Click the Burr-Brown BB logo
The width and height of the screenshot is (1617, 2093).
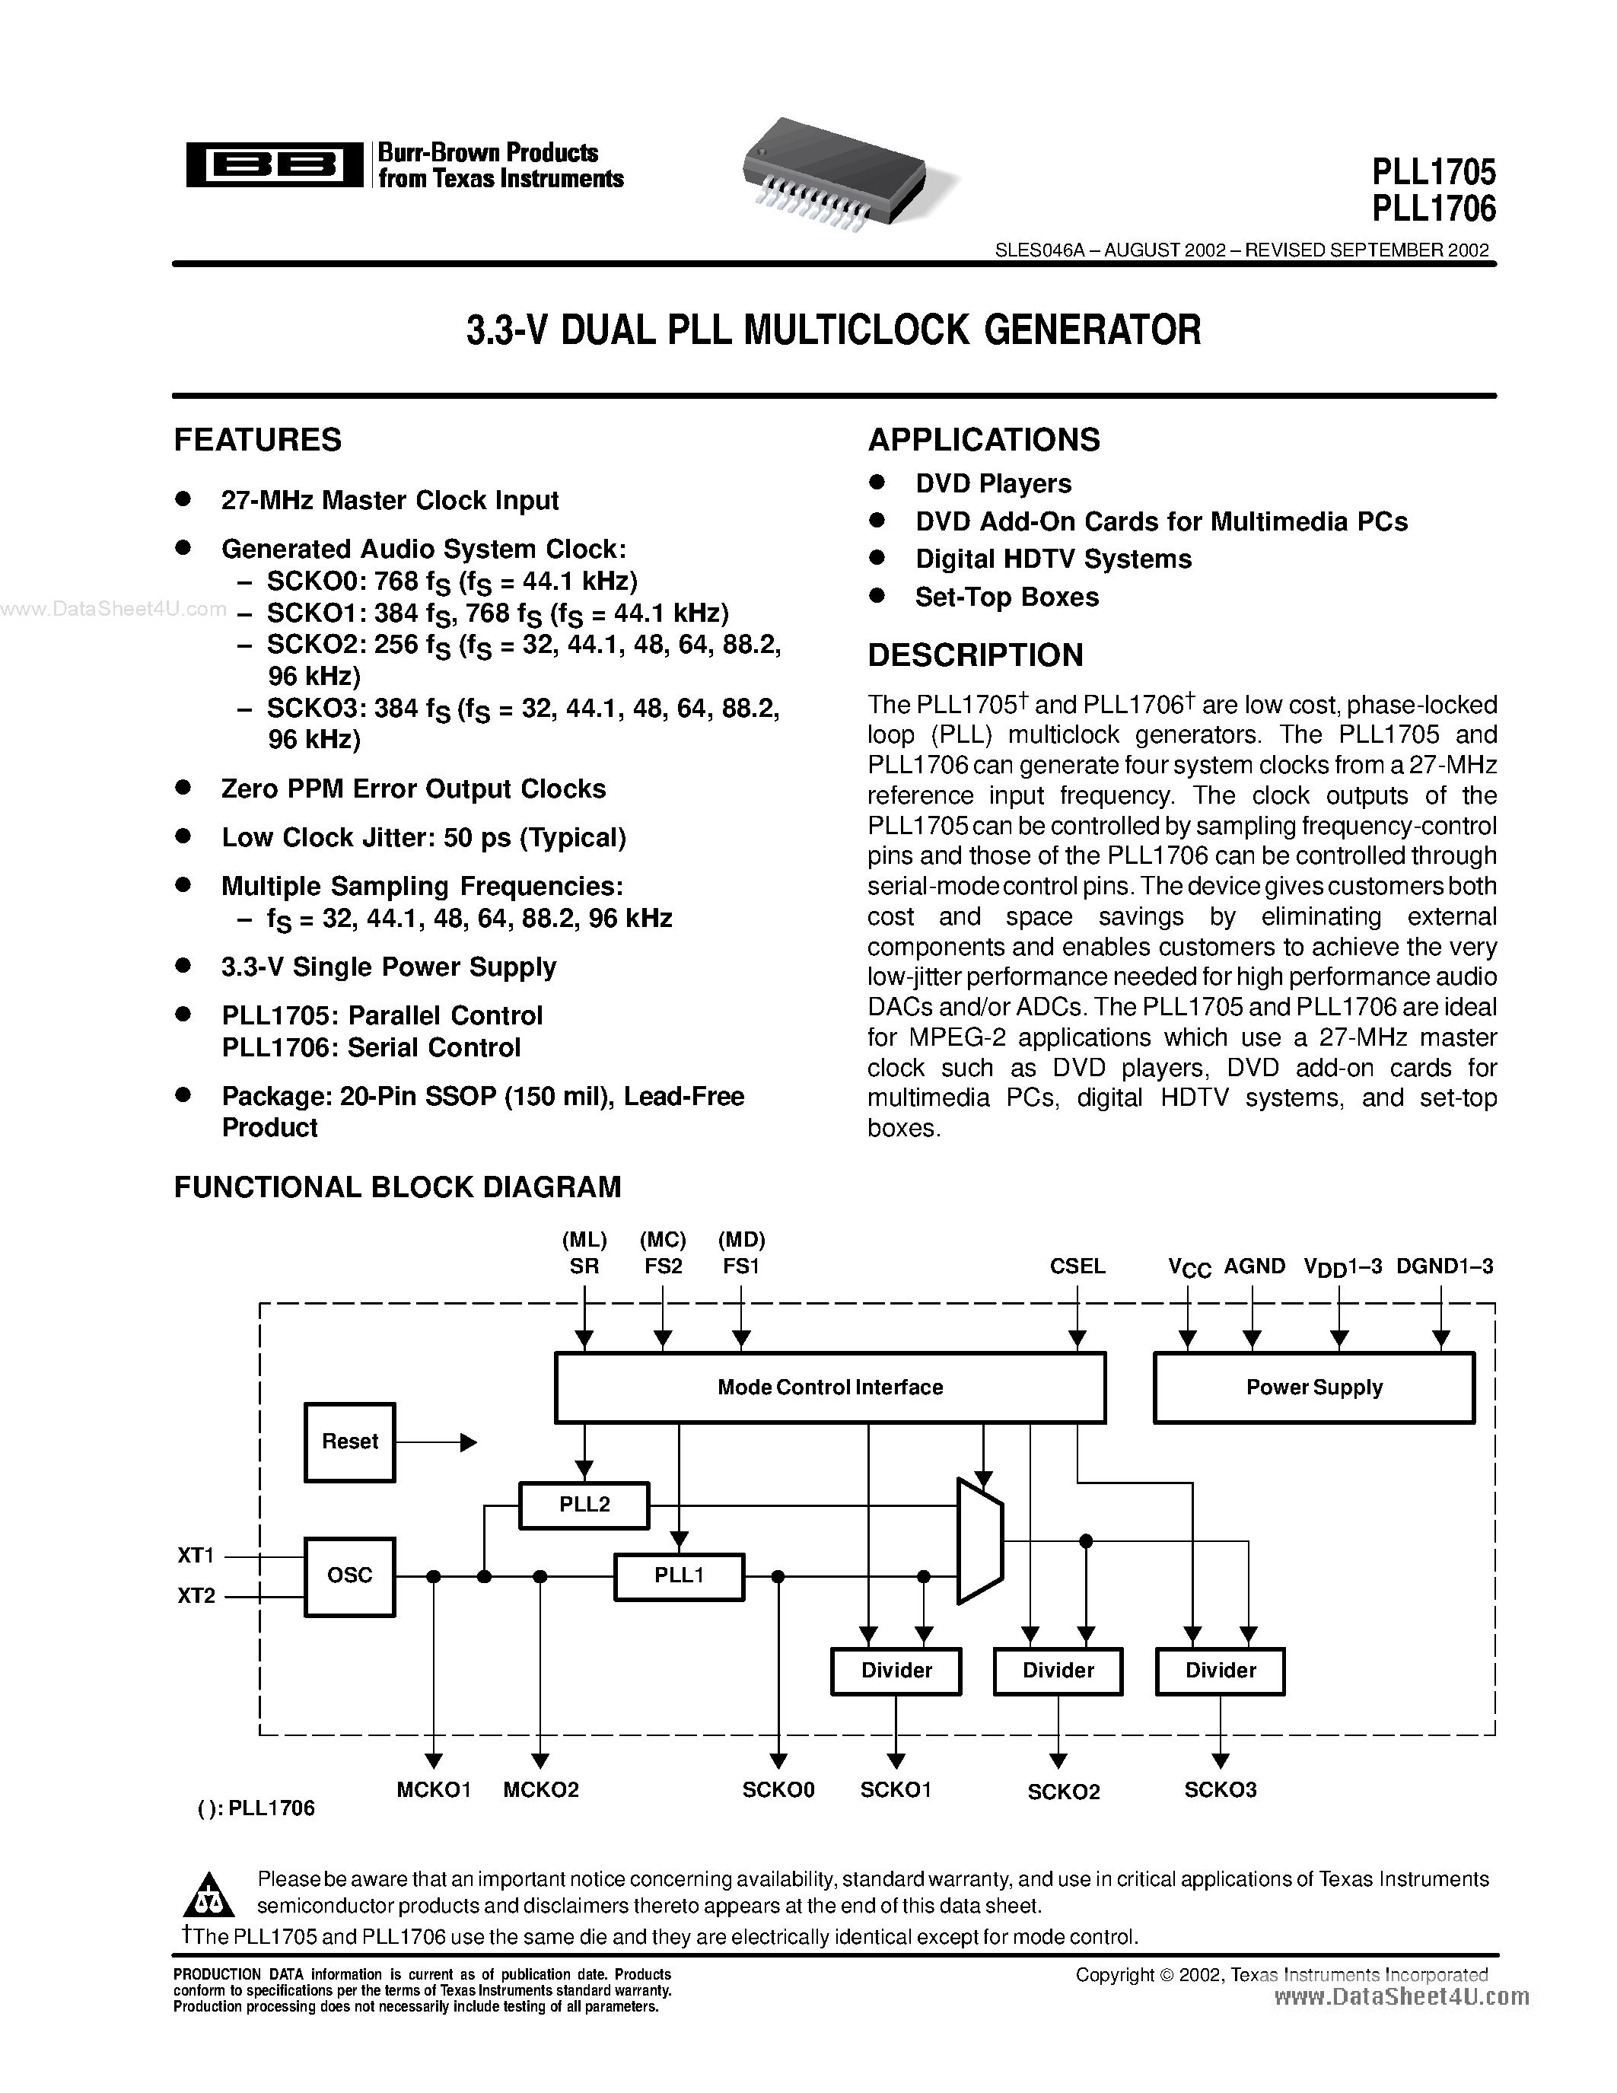coord(274,165)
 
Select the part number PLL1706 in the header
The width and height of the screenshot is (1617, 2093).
coord(1433,207)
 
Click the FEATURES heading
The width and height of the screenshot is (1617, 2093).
coord(258,440)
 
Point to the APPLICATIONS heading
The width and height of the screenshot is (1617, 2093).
coord(984,440)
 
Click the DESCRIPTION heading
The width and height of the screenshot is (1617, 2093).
coord(976,655)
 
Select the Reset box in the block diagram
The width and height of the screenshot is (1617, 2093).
coord(349,1442)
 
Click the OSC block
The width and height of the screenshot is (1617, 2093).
coord(349,1575)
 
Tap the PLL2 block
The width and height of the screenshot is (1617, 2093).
coord(584,1505)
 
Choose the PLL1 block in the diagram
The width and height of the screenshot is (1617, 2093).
coord(680,1575)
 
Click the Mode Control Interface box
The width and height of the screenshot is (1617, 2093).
coord(829,1387)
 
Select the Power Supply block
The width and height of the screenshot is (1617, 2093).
coord(1313,1387)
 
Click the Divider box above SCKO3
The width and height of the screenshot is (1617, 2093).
coord(1221,1671)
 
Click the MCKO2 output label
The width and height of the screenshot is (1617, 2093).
coord(541,1789)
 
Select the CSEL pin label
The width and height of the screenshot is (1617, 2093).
coord(1077,1266)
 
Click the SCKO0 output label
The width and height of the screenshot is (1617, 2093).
coord(778,1789)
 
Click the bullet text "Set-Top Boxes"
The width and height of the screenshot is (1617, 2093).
coord(1007,597)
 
